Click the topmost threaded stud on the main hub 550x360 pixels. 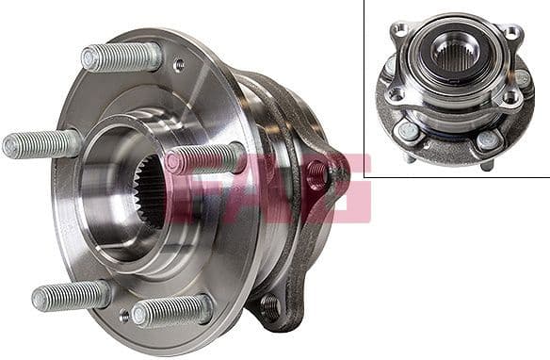(121, 57)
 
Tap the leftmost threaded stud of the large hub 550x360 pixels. (42, 144)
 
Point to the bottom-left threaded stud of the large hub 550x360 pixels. (71, 297)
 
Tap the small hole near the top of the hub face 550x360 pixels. (180, 66)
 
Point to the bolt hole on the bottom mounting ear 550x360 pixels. (270, 303)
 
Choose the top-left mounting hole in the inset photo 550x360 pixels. (400, 31)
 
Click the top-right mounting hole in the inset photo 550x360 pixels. (513, 32)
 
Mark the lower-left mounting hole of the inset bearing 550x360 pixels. (396, 94)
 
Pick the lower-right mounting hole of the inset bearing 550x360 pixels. (510, 96)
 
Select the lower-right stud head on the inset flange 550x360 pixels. (487, 141)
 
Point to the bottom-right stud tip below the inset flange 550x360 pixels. (486, 165)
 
